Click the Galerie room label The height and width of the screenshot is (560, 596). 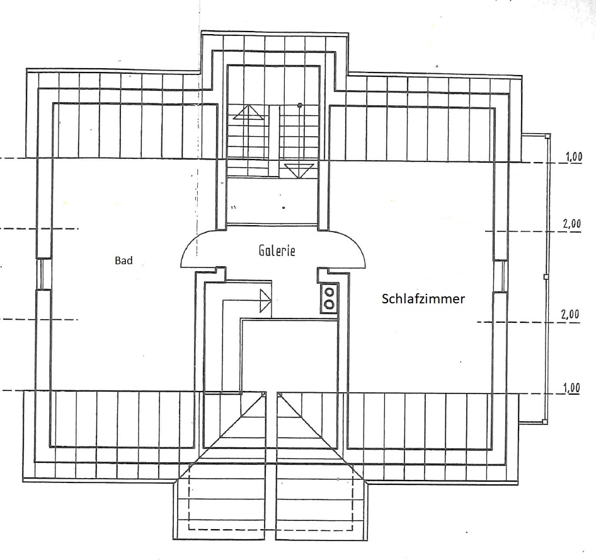277,250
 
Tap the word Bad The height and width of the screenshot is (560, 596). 123,260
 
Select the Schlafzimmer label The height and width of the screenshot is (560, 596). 423,299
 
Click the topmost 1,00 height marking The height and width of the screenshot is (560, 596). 573,158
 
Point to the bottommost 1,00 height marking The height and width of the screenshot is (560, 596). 571,388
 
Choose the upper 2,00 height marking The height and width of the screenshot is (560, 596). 571,224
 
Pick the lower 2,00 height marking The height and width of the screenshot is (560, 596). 571,315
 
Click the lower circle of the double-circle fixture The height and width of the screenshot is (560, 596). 329,304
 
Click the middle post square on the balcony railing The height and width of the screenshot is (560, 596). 546,277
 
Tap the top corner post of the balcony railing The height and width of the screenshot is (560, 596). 546,136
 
